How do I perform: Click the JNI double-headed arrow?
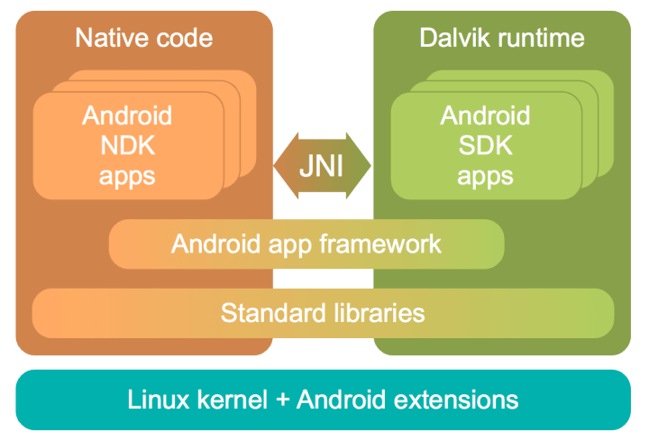coord(322,166)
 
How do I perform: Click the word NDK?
coord(127,145)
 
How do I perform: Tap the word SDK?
coord(485,145)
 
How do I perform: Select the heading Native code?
coord(144,38)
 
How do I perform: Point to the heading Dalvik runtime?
coord(502,38)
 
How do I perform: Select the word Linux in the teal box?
coord(156,400)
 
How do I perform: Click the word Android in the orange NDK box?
coord(127,115)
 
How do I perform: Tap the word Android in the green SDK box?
coord(485,115)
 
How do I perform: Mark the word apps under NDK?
coord(127,175)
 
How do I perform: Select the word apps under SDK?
coord(485,175)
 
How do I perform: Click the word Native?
coord(108,38)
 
